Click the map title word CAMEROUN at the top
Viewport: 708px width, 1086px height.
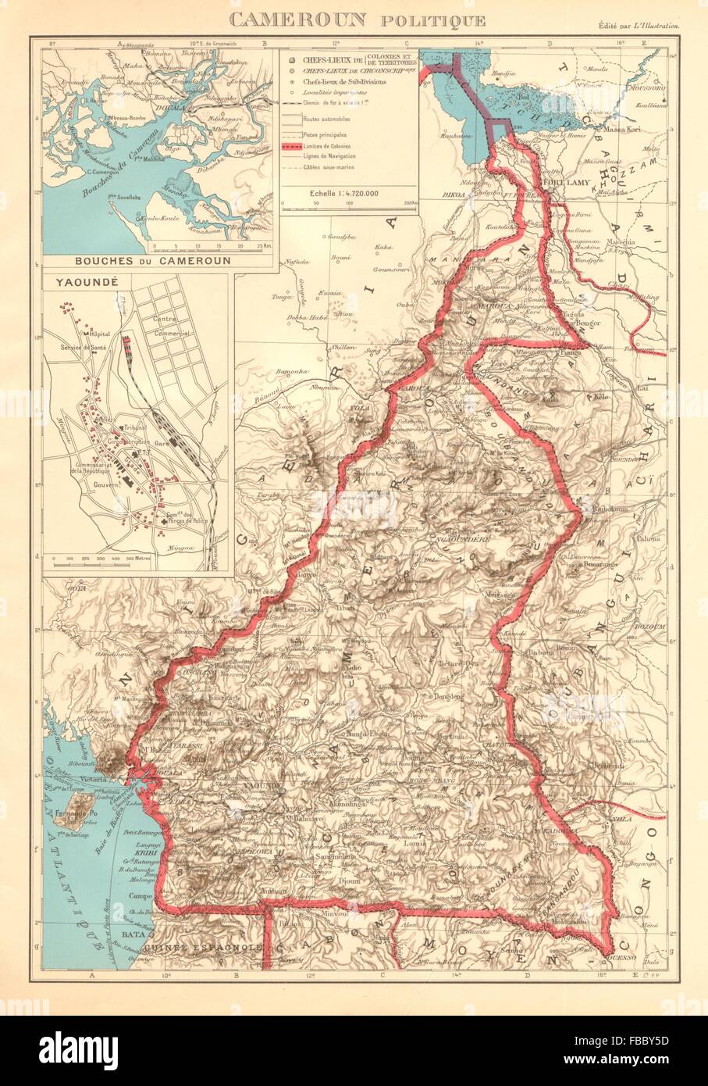pos(307,20)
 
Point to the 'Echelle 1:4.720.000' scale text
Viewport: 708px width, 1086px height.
pos(350,191)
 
